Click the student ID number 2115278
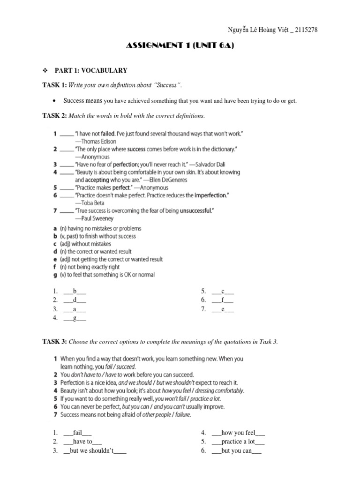(305, 30)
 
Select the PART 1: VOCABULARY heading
(91, 70)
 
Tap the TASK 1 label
(55, 85)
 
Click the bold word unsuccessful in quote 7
(194, 210)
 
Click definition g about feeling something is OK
(103, 275)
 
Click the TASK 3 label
(55, 342)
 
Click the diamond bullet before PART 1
(45, 70)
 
